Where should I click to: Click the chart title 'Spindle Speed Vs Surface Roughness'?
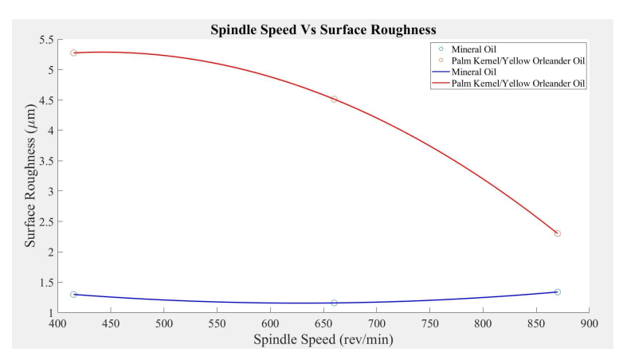323,30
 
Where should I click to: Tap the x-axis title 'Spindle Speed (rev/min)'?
323,339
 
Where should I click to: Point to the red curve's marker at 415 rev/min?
73,53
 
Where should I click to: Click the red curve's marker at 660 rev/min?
334,100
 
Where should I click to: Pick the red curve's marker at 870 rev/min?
557,233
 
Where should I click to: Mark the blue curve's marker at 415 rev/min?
73,295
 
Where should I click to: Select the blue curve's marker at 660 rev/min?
334,303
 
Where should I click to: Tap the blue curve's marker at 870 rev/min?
557,292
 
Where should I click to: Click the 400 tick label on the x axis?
57,324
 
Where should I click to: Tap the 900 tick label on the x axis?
589,324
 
